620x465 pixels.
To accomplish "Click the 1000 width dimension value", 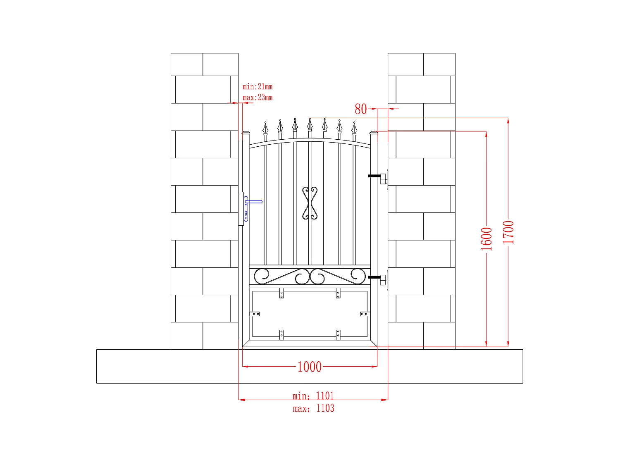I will coord(309,367).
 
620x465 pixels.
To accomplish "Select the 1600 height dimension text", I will coord(486,239).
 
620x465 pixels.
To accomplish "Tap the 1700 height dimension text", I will coord(508,232).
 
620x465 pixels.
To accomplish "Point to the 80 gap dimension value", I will coord(360,109).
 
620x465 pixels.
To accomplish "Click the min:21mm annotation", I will coord(258,87).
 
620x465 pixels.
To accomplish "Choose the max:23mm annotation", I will coord(258,98).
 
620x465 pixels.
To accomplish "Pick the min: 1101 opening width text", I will coord(313,396).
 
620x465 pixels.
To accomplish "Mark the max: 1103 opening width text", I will coord(313,408).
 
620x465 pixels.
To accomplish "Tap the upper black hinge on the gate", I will coord(374,176).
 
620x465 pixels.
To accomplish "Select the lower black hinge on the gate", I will coord(374,277).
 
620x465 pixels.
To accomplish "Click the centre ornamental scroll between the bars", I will coord(310,203).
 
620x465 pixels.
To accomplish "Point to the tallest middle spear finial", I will coord(310,124).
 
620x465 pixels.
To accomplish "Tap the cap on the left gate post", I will coord(246,133).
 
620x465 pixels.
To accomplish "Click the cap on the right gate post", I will coord(374,133).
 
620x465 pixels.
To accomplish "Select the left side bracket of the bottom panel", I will coord(255,314).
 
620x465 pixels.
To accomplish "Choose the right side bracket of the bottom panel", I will coord(365,314).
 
